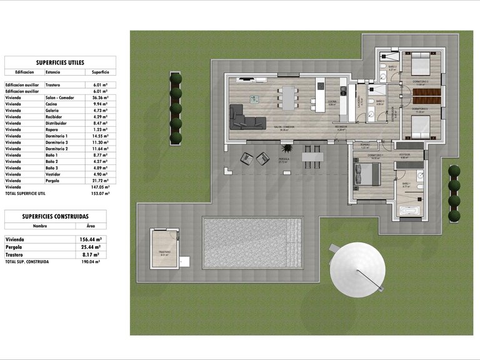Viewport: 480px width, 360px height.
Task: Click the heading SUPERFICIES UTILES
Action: click(x=56, y=62)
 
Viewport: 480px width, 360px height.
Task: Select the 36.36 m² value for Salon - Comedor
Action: click(x=99, y=98)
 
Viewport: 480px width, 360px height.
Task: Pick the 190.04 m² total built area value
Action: click(x=91, y=262)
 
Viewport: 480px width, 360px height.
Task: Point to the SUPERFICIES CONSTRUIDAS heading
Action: click(x=56, y=216)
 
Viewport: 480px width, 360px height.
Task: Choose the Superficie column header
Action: click(x=100, y=72)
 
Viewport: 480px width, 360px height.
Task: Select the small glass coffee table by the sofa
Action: click(x=254, y=99)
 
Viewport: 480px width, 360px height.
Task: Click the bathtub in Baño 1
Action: click(x=411, y=211)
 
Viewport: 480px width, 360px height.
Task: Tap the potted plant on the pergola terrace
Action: click(x=287, y=149)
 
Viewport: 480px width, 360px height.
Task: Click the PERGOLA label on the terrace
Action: click(x=283, y=159)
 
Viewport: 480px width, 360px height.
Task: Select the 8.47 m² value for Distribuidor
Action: click(x=99, y=123)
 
